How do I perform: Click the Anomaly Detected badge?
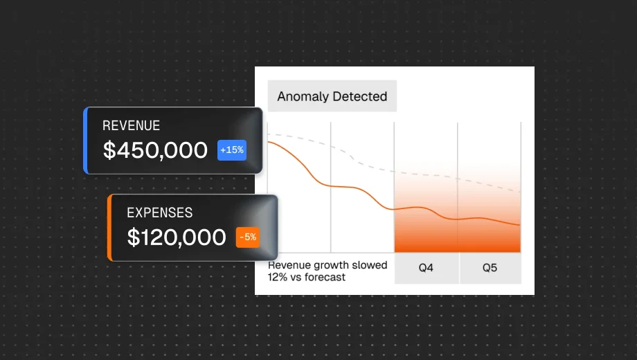click(332, 96)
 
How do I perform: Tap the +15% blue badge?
click(232, 150)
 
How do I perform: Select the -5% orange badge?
click(247, 237)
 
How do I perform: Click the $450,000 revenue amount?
click(155, 150)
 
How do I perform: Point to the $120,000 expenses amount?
click(177, 237)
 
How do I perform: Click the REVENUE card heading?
click(131, 126)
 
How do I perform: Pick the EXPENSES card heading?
click(159, 213)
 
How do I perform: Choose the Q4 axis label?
click(426, 268)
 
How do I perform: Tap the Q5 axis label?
click(490, 268)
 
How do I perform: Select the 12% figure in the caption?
click(277, 277)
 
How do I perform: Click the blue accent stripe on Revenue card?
click(85, 140)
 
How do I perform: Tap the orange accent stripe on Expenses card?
click(109, 228)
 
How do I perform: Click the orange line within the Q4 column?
click(426, 208)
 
